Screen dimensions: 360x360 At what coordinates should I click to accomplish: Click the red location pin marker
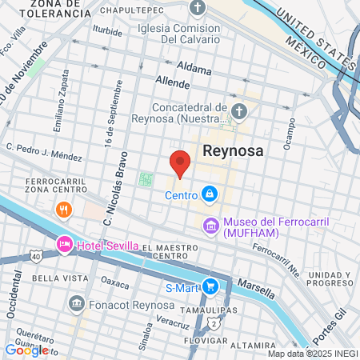tap(181, 162)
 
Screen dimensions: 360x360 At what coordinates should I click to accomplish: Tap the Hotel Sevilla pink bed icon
tap(63, 244)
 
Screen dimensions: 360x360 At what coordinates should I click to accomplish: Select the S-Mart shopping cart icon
tap(210, 286)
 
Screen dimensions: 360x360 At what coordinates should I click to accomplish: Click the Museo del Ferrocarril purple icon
tap(211, 226)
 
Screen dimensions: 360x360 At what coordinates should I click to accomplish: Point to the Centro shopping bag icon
tap(209, 194)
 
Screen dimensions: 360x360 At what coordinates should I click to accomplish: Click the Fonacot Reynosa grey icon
tap(77, 304)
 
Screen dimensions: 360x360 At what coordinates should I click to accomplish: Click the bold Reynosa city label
tap(234, 149)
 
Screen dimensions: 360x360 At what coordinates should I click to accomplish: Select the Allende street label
tap(173, 82)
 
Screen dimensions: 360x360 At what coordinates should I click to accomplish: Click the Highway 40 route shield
tap(36, 256)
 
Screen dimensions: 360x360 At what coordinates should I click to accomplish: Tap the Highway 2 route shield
tap(214, 323)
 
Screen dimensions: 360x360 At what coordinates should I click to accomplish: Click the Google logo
tap(26, 350)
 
